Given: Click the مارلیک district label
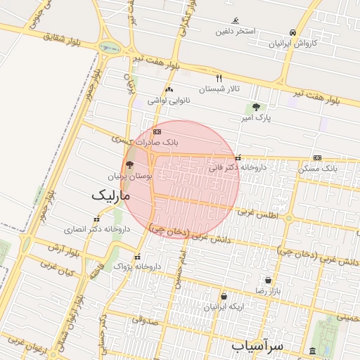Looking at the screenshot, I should coord(112,196).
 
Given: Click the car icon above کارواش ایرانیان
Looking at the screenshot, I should coord(292,32).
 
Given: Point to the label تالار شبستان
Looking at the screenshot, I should coord(219,89).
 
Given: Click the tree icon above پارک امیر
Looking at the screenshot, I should coord(256,106).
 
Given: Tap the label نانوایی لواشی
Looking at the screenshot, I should coord(168,101).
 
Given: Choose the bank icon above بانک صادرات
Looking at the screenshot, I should coord(157,131).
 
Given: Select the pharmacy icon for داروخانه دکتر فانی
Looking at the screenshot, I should coord(239,157).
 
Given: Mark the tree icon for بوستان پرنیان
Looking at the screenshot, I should coord(129,164).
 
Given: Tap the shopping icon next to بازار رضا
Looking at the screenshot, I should coord(267,280).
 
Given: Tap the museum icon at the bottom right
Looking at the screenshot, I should coord(312,350).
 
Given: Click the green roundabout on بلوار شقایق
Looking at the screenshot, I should coord(109,49).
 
